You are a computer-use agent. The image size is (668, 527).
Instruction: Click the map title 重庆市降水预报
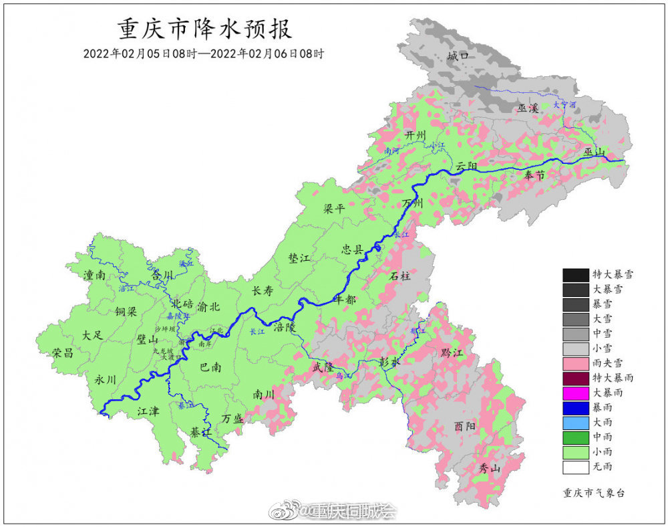(204, 29)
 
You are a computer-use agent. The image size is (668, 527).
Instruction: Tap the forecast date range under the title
(204, 54)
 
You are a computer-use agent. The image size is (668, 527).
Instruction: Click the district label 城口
(458, 56)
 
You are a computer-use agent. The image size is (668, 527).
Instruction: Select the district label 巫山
(594, 153)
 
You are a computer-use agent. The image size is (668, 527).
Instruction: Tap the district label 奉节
(534, 175)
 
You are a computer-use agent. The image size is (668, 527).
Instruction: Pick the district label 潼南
(95, 275)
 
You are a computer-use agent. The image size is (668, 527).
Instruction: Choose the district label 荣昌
(63, 353)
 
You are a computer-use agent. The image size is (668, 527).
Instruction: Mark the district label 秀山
(490, 468)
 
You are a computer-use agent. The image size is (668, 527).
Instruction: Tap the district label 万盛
(233, 418)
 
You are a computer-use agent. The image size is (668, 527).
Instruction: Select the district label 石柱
(401, 275)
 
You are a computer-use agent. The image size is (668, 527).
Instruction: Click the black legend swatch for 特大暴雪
(574, 274)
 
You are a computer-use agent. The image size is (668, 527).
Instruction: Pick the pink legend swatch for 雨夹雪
(574, 362)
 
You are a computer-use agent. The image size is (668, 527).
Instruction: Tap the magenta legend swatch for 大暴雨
(574, 393)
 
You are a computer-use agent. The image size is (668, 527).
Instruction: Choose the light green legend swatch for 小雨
(574, 451)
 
